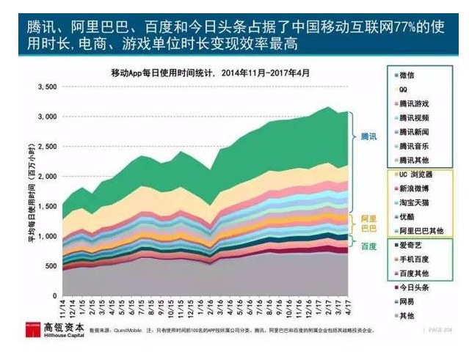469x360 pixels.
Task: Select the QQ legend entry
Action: click(405, 89)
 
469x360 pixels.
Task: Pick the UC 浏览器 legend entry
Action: click(415, 174)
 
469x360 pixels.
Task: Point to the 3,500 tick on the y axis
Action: click(46, 87)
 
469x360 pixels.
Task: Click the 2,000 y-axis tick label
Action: click(46, 177)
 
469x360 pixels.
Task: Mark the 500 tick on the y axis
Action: click(50, 266)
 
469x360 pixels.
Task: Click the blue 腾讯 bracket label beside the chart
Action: click(369, 136)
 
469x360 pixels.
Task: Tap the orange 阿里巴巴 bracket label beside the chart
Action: click(369, 223)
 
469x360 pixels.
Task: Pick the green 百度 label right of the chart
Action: click(369, 246)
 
